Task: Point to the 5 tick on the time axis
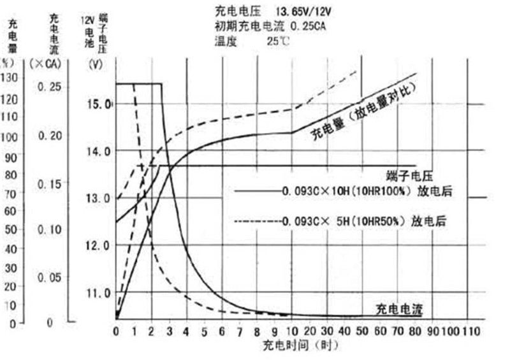point(205,331)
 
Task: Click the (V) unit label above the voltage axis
point(96,63)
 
